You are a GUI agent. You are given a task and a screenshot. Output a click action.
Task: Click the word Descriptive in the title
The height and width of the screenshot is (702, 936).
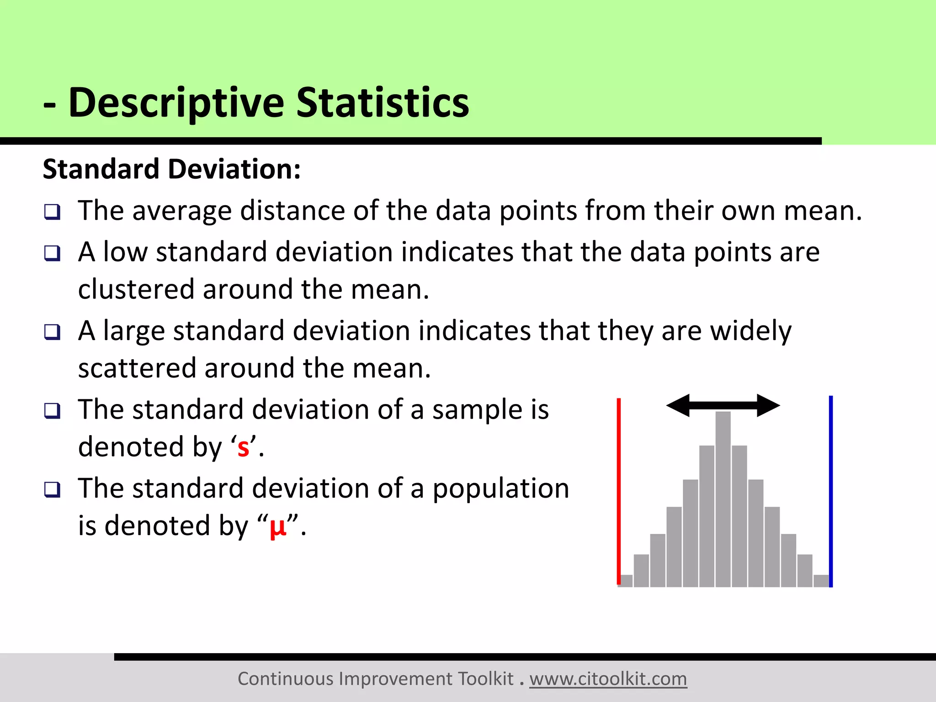pos(176,103)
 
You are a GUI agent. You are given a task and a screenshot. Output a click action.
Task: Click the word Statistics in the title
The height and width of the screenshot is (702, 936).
pos(383,103)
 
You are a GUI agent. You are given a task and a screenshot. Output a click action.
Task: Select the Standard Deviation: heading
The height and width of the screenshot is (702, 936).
pos(172,169)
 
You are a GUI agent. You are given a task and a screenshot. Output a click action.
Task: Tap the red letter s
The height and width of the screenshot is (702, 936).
pos(243,448)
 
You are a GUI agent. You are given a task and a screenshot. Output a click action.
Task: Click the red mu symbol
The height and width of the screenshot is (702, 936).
pos(278,527)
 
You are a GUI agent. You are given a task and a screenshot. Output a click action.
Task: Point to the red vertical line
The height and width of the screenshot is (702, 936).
pos(619,491)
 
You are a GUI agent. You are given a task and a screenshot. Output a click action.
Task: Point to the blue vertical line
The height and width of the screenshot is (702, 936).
pos(831,491)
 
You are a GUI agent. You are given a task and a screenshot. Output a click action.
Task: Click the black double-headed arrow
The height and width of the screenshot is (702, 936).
pos(723,405)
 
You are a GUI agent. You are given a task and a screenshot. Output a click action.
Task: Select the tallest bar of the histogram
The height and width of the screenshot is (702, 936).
pos(723,498)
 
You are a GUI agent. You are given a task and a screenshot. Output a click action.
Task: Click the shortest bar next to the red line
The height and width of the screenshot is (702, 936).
pos(626,581)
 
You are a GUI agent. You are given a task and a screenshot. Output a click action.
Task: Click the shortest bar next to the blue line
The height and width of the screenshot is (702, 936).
pos(821,581)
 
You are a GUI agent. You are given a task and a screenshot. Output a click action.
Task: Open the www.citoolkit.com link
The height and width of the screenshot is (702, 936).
pos(608,679)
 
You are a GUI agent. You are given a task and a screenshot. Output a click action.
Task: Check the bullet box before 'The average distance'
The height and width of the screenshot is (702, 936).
pos(53,212)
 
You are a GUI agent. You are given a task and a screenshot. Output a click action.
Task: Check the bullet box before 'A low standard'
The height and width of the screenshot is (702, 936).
pos(53,253)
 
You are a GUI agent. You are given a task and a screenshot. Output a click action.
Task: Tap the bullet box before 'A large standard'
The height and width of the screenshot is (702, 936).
pos(53,332)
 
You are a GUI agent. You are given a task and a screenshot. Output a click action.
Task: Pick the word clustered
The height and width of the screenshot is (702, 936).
pos(136,290)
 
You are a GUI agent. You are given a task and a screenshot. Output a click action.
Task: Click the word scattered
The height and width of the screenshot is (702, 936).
pos(137,368)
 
